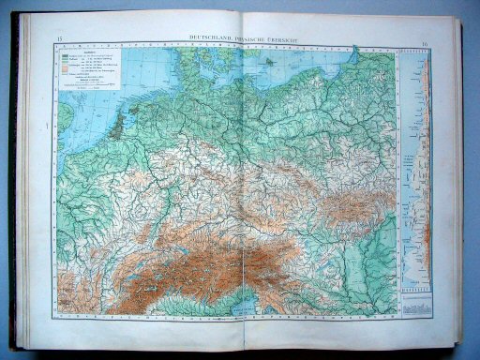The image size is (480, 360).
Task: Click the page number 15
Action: pos(60,38)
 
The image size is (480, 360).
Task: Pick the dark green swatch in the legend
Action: pos(66,55)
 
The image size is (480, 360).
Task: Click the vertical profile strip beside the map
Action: pos(413,169)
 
